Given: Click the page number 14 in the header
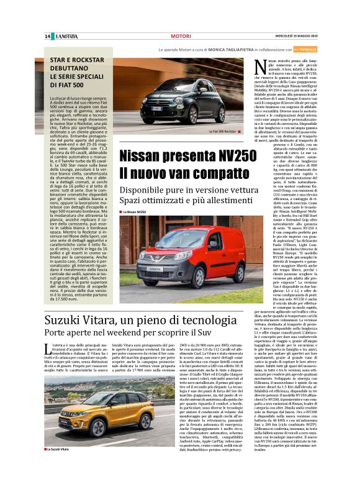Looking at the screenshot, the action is (47, 36).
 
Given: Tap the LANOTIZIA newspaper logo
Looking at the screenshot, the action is (66, 36).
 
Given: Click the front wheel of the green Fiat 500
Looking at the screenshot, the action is (161, 115).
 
